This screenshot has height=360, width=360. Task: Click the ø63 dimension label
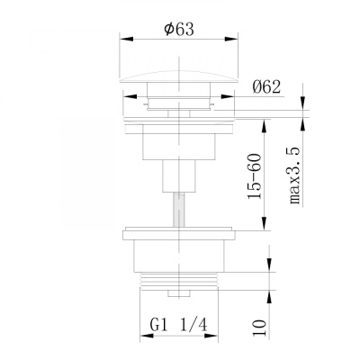tap(179, 30)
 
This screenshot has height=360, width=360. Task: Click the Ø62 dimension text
tap(266, 87)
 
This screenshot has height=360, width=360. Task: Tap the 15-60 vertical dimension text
tap(254, 176)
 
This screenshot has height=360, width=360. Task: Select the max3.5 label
tap(294, 175)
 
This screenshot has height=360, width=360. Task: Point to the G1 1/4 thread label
tap(179, 325)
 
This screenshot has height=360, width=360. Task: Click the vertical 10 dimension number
tap(259, 328)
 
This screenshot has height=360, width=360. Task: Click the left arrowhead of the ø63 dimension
tap(126, 39)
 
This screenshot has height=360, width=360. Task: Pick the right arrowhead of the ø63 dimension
tap(231, 39)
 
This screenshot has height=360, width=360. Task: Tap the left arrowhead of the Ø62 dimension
tap(130, 96)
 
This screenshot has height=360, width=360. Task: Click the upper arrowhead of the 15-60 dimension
tap(264, 126)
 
